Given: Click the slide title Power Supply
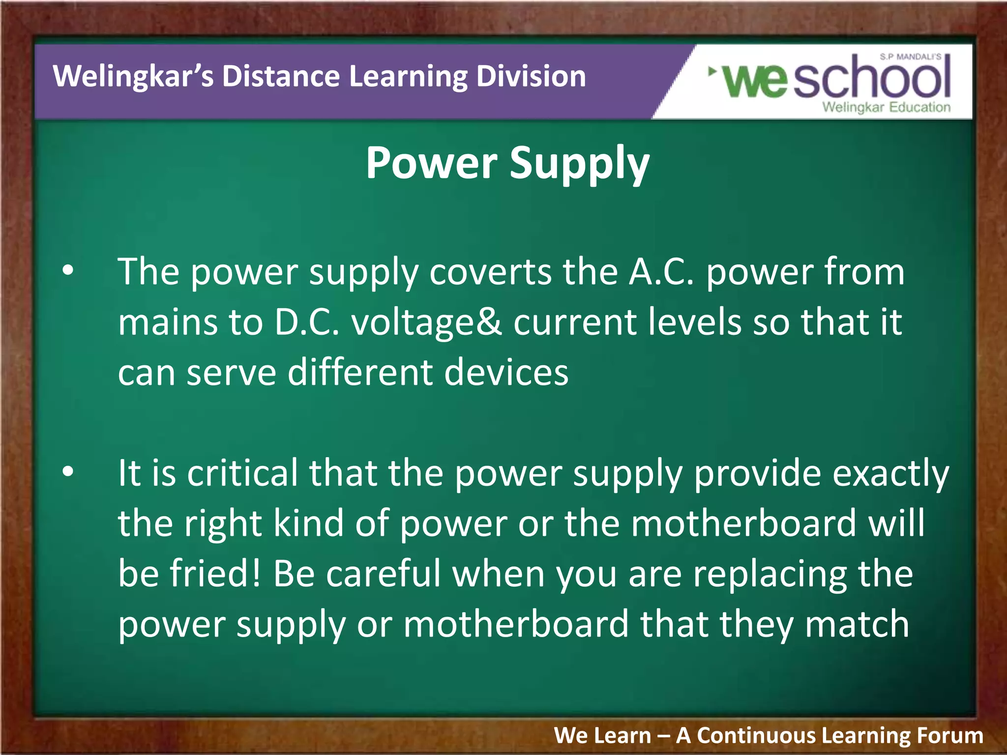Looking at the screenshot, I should [x=507, y=163].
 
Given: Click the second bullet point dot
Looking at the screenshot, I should [x=68, y=471].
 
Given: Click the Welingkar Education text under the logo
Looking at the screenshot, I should [x=886, y=107].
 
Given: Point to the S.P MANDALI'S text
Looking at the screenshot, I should [x=910, y=57].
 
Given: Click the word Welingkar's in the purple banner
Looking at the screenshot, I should [x=133, y=77].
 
